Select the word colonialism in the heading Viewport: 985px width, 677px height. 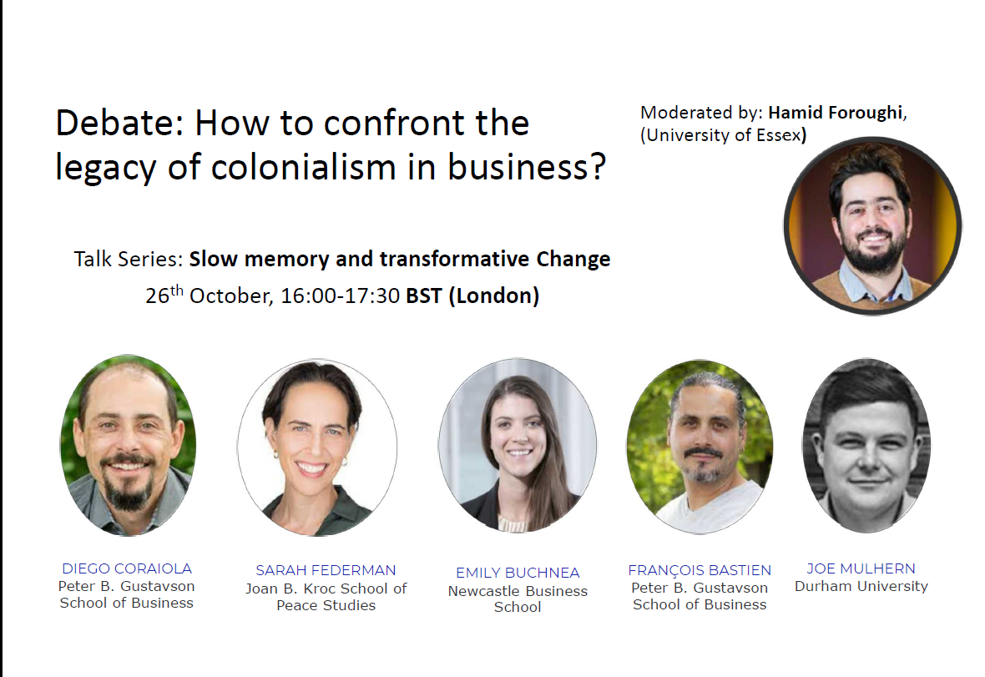tap(304, 167)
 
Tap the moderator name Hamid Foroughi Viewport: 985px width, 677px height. tap(836, 113)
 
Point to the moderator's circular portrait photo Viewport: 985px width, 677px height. tap(872, 225)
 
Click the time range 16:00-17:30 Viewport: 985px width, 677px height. tap(340, 296)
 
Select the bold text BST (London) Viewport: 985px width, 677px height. tap(472, 296)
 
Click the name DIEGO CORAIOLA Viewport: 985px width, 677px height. tap(127, 568)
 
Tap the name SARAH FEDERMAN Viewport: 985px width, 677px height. tap(326, 570)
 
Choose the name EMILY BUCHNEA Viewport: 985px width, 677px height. tap(518, 573)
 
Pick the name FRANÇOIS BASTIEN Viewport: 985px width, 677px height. tap(700, 570)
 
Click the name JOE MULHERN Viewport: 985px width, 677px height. tap(861, 568)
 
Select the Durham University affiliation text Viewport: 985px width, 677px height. tap(861, 587)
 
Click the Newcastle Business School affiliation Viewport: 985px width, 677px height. tap(518, 599)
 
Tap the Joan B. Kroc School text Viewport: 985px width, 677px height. tap(326, 589)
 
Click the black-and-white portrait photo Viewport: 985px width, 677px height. tap(866, 445)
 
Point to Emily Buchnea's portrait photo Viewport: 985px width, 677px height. tap(518, 445)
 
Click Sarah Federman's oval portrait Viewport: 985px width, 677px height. tap(317, 447)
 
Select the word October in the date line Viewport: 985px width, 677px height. tap(231, 296)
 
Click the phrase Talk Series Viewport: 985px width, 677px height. tap(129, 259)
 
